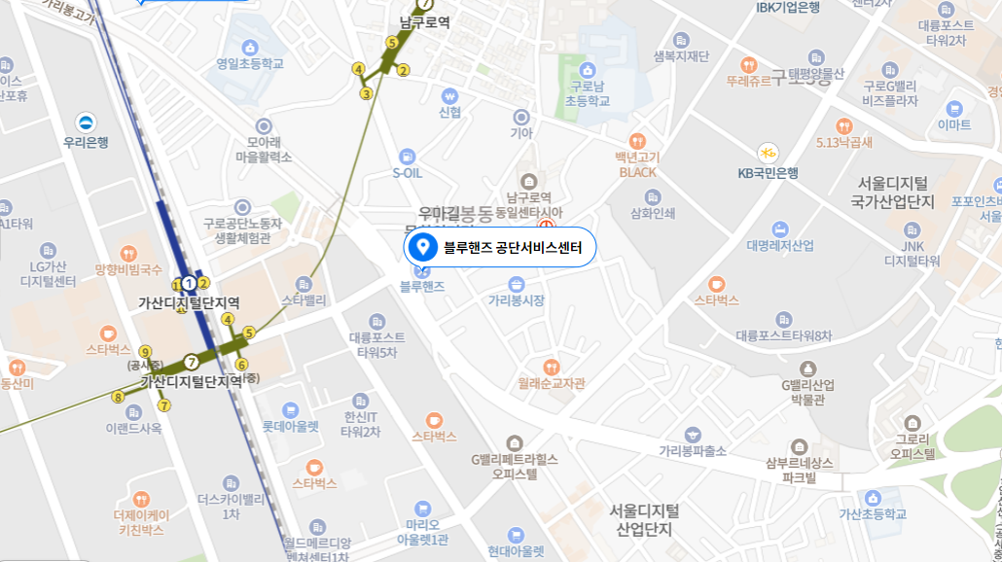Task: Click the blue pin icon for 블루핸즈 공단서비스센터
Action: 421,247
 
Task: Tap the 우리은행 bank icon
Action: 87,123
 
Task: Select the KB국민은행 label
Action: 768,173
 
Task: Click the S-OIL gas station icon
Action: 407,156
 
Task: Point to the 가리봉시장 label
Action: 516,301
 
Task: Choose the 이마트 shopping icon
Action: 953,108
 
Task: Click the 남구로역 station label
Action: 425,22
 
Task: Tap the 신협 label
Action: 449,113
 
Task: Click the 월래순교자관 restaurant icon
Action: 552,367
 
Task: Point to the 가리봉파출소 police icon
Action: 693,434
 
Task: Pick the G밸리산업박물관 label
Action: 808,393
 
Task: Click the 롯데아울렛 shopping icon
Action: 290,409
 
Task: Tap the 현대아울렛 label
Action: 516,551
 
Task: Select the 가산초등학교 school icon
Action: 873,498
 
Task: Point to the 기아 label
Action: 522,133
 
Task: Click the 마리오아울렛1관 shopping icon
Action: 421,508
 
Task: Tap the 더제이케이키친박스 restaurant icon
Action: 141,499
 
